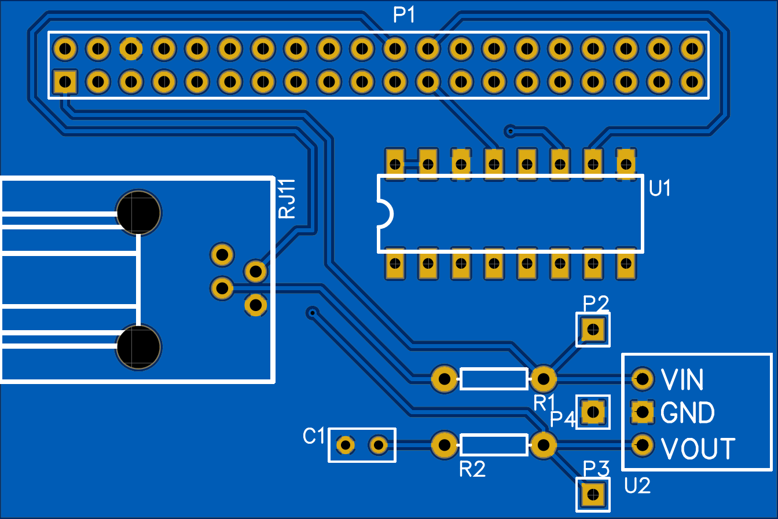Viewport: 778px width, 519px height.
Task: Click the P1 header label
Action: click(404, 16)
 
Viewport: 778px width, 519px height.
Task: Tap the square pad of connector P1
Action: click(65, 82)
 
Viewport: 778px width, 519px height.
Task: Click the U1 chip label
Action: click(660, 188)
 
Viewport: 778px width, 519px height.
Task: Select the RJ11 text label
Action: click(287, 199)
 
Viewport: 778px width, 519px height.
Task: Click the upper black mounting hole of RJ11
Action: click(139, 213)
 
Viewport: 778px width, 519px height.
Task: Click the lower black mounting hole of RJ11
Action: click(139, 347)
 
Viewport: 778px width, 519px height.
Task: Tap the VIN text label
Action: click(682, 380)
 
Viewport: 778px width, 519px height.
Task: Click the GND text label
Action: click(687, 413)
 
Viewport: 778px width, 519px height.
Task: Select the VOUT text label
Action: click(698, 448)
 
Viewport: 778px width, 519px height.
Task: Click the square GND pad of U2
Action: click(642, 412)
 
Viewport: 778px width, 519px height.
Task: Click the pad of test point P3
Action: click(592, 495)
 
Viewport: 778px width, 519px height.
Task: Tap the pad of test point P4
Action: click(592, 412)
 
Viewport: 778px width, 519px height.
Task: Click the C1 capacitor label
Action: click(314, 436)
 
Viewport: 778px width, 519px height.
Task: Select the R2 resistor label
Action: click(472, 469)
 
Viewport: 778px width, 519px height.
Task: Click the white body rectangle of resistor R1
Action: click(494, 379)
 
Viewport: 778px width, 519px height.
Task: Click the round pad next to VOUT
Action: click(642, 445)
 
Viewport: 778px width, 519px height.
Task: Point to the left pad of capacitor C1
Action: click(346, 445)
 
